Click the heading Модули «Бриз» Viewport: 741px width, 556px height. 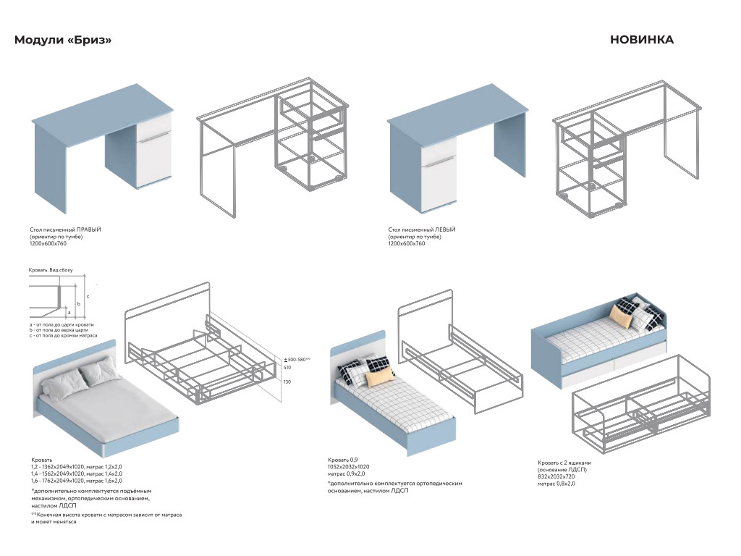click(x=63, y=40)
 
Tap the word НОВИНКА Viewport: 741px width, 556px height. click(x=642, y=40)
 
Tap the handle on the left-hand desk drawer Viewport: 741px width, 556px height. click(x=439, y=161)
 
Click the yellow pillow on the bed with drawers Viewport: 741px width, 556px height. click(x=621, y=316)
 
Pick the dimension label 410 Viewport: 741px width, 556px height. click(x=287, y=368)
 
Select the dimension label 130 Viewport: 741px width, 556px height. click(x=287, y=382)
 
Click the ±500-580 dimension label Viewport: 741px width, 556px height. click(x=297, y=360)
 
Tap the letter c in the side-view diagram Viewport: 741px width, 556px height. click(x=88, y=296)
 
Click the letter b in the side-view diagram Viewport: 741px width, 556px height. click(x=79, y=303)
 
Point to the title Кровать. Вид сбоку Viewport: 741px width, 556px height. click(x=51, y=271)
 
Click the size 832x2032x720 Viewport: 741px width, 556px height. click(x=556, y=476)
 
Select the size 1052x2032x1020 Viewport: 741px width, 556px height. click(x=349, y=467)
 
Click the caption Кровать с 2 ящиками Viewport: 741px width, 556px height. click(x=564, y=463)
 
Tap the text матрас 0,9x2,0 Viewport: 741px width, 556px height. click(x=347, y=473)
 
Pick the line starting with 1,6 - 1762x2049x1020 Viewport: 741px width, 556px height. click(x=77, y=481)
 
